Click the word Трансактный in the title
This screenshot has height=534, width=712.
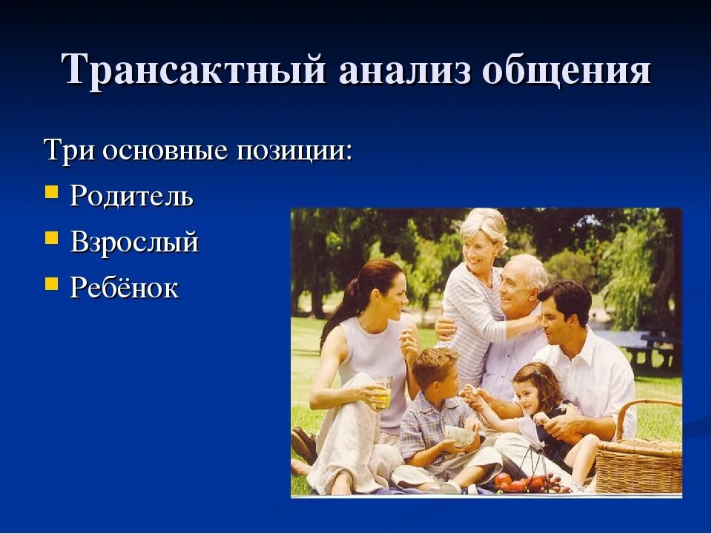point(194,72)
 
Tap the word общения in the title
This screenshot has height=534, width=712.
point(567,72)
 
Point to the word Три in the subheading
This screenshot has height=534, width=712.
point(69,151)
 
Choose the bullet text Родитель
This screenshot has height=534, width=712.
point(131,197)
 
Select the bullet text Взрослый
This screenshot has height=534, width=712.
point(134,243)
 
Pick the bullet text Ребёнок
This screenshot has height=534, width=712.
point(124,288)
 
